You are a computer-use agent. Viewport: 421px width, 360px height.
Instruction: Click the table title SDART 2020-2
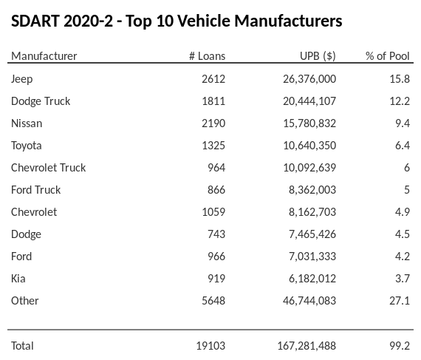click(177, 21)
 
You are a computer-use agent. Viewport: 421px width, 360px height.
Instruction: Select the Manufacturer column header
click(44, 56)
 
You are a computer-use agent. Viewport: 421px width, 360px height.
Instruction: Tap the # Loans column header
click(207, 56)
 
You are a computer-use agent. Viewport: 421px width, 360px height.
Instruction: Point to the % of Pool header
click(388, 56)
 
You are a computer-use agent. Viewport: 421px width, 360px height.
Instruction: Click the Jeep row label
click(22, 79)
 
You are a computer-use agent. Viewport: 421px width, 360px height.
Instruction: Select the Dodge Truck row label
click(41, 101)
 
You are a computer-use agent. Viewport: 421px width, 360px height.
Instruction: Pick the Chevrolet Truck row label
click(49, 168)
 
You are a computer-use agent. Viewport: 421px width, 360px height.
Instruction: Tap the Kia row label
click(18, 279)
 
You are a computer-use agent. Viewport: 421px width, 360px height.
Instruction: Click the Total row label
click(22, 346)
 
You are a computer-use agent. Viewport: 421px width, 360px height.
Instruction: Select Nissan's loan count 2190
click(213, 123)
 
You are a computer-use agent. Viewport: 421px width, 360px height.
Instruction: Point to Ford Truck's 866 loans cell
click(216, 190)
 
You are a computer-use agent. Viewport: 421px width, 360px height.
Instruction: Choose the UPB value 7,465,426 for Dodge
click(311, 234)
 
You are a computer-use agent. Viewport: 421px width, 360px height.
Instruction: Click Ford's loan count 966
click(216, 257)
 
